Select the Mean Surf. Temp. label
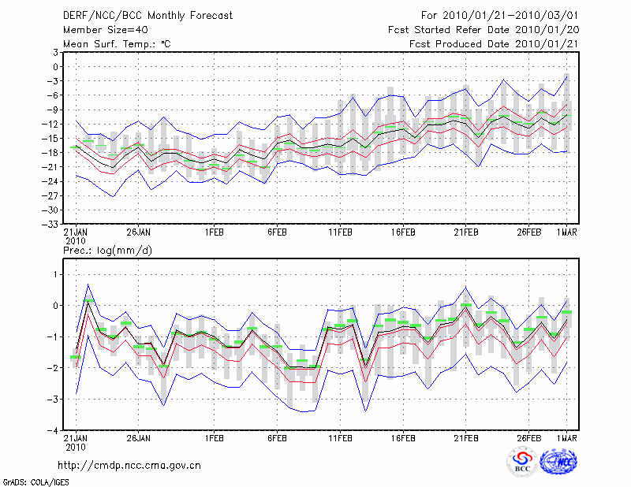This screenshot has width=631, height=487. coord(117,44)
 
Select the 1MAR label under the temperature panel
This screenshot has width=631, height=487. coord(567,232)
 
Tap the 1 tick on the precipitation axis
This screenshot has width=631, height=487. coord(56,274)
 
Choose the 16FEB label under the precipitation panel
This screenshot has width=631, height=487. coord(403,438)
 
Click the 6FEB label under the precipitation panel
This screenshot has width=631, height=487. coord(277,438)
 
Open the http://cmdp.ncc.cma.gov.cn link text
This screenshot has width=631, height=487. coord(130,465)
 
